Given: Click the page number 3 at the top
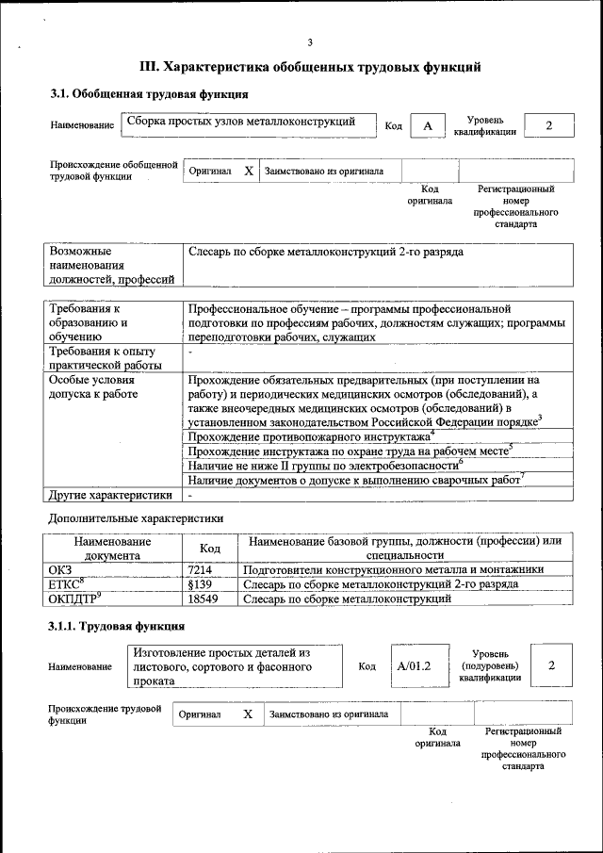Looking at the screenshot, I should pyautogui.click(x=309, y=41).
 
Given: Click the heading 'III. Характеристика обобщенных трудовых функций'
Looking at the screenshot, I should pyautogui.click(x=310, y=67).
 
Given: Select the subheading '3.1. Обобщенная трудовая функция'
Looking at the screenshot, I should pyautogui.click(x=149, y=94).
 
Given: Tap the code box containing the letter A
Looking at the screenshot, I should pyautogui.click(x=428, y=126).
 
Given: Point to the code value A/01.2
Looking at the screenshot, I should pyautogui.click(x=413, y=665).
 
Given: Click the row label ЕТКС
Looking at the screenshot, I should pyautogui.click(x=66, y=584).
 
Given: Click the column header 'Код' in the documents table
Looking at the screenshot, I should pyautogui.click(x=210, y=549).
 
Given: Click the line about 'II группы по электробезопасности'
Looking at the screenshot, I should pyautogui.click(x=325, y=466).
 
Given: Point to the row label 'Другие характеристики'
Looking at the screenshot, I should pyautogui.click(x=109, y=495).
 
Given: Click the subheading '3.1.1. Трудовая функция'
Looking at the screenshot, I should pyautogui.click(x=117, y=626).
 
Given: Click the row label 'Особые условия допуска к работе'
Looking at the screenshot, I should pyautogui.click(x=93, y=386).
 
